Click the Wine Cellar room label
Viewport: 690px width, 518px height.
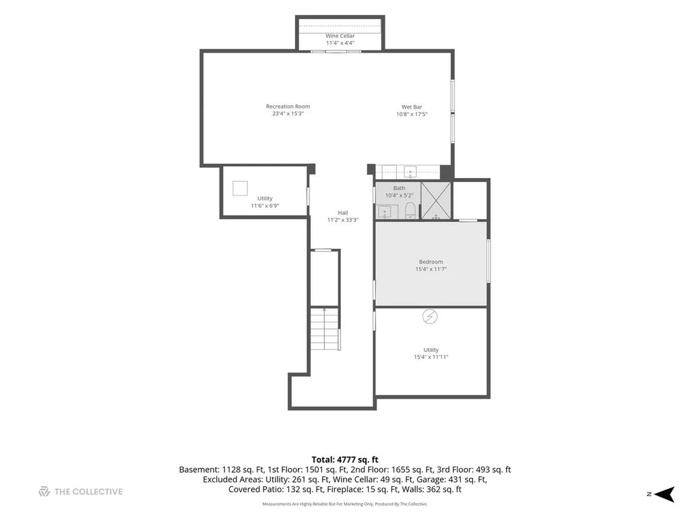pyautogui.click(x=340, y=36)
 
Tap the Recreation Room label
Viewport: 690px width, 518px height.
pyautogui.click(x=288, y=106)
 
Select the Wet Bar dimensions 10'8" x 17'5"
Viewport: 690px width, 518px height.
pyautogui.click(x=412, y=114)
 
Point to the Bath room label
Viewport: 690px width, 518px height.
pyautogui.click(x=399, y=188)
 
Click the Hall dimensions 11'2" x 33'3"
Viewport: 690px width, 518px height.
pyautogui.click(x=343, y=220)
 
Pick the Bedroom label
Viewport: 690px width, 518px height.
pyautogui.click(x=431, y=262)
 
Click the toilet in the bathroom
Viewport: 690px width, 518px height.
pyautogui.click(x=410, y=210)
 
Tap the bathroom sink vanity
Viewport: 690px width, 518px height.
pyautogui.click(x=387, y=212)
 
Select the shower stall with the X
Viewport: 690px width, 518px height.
pyautogui.click(x=436, y=200)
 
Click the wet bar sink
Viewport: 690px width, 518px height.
pyautogui.click(x=410, y=171)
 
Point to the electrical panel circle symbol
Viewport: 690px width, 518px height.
pyautogui.click(x=430, y=316)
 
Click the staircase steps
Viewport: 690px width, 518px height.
pyautogui.click(x=325, y=328)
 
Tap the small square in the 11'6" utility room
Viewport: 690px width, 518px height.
pyautogui.click(x=241, y=188)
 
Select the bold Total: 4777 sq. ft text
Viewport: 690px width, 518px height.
pyautogui.click(x=345, y=460)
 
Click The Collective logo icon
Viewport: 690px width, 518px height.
pyautogui.click(x=44, y=492)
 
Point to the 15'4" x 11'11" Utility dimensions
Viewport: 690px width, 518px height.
pyautogui.click(x=431, y=357)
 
